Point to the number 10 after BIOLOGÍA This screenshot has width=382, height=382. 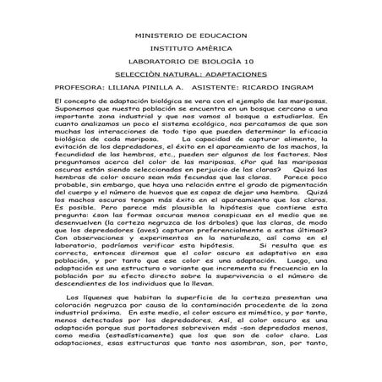click(x=248, y=62)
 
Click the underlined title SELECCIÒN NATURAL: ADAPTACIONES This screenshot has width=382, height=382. click(x=190, y=74)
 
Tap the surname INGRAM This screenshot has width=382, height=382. click(x=305, y=87)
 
